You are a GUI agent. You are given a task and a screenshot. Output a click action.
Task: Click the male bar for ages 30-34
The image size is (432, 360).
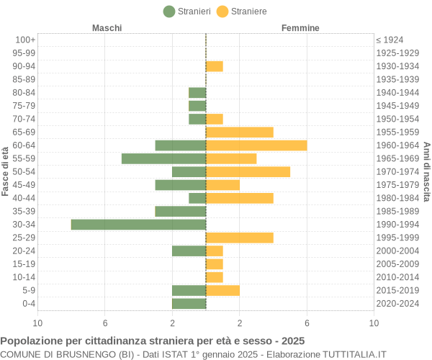(x=138, y=225)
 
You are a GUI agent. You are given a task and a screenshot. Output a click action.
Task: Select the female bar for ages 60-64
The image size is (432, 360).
(x=256, y=145)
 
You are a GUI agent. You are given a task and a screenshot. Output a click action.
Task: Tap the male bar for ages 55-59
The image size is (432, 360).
(x=163, y=158)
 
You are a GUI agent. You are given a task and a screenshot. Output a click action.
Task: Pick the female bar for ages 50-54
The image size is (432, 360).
(x=248, y=171)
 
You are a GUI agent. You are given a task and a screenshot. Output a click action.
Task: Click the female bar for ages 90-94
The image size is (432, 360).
(x=215, y=66)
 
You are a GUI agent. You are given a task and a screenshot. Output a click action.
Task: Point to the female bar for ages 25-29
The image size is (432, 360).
(x=240, y=238)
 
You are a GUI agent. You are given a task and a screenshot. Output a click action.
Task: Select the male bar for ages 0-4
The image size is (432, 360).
(x=189, y=304)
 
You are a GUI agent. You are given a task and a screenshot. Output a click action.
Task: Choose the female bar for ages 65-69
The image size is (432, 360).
(x=240, y=132)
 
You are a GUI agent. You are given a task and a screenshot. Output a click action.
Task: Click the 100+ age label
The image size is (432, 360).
(x=25, y=40)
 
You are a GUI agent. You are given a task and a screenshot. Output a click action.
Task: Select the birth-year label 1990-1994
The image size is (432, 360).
(x=397, y=225)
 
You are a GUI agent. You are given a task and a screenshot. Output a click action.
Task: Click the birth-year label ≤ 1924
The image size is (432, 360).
(x=390, y=40)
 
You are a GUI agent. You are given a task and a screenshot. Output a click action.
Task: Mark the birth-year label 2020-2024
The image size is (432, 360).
(x=397, y=304)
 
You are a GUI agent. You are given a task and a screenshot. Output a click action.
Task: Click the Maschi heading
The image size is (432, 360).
(x=107, y=28)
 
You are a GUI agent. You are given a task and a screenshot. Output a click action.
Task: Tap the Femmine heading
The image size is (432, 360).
(x=300, y=28)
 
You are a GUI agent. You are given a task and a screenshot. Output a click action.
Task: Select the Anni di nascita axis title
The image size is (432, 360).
(x=426, y=171)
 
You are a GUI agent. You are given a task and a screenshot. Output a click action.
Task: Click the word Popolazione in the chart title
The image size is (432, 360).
(x=30, y=341)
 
